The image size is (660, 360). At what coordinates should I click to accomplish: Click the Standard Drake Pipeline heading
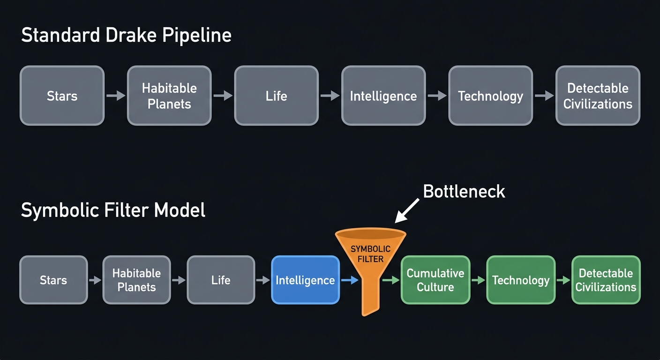(127, 36)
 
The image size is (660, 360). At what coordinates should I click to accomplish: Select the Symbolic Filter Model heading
(113, 210)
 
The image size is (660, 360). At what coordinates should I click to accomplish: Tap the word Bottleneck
(464, 191)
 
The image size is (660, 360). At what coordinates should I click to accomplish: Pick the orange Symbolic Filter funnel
(370, 262)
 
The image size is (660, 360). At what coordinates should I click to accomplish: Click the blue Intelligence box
(305, 280)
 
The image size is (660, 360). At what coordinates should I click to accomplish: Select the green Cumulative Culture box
(435, 280)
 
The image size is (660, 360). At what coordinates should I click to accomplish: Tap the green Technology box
(521, 280)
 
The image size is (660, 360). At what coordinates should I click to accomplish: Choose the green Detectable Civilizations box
(606, 280)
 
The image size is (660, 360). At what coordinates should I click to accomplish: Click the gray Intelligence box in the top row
(383, 96)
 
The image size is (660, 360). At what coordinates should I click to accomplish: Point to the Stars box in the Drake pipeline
(62, 96)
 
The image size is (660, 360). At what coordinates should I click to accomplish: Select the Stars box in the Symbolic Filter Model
(53, 280)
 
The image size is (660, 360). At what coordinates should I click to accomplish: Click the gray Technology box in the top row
(490, 96)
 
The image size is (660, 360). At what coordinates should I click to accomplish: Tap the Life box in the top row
(276, 96)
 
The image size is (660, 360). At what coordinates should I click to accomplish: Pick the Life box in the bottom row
(221, 280)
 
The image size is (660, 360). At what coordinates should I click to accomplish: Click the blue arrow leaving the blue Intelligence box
(349, 280)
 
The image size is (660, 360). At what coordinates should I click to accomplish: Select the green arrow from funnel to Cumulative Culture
(390, 280)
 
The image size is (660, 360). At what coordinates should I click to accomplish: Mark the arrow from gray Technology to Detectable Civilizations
(544, 96)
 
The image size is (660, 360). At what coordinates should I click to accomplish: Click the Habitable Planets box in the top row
(169, 96)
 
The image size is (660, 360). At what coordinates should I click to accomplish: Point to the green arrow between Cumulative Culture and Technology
(478, 280)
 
